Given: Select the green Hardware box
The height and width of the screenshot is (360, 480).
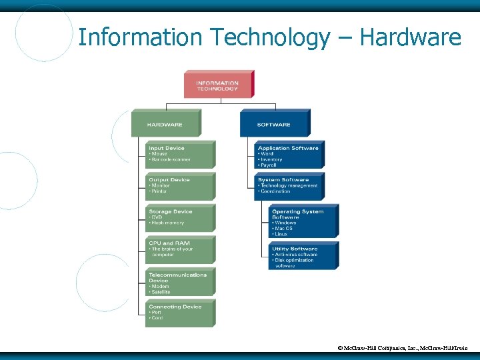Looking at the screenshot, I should (x=165, y=124).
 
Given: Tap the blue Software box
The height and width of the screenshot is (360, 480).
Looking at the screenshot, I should (x=274, y=124).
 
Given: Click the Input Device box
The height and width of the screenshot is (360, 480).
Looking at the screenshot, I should (x=180, y=154).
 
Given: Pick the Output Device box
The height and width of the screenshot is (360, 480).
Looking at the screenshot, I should (x=180, y=185).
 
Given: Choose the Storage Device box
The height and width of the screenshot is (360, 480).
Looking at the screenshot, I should (x=180, y=217).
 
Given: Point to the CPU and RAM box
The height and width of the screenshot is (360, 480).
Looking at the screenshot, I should (x=180, y=249).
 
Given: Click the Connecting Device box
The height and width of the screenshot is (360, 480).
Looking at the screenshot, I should (x=180, y=312).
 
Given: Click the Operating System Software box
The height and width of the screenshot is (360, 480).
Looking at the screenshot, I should (x=303, y=221).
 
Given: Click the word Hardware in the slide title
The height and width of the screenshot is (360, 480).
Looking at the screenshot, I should (x=410, y=37).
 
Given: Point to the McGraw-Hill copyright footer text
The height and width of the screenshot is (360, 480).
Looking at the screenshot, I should (x=403, y=348).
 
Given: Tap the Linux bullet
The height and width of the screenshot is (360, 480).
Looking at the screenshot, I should (x=281, y=234).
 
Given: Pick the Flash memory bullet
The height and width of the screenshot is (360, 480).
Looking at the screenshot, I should (x=167, y=223).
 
